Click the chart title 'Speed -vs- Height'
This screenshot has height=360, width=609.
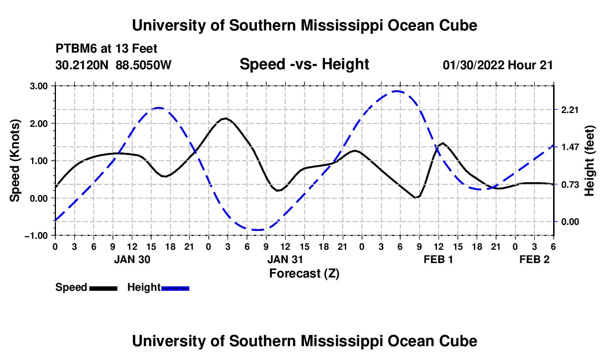pos(304,64)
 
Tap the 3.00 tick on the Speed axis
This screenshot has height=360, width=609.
pos(39,86)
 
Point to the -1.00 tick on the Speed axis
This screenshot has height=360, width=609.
pos(37,235)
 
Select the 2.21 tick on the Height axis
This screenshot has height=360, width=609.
pos(570,110)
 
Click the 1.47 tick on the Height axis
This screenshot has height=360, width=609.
pos(570,147)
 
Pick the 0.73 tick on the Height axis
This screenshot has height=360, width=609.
pos(570,184)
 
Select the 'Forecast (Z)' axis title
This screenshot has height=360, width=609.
pos(304,273)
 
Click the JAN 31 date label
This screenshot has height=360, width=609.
pos(286,259)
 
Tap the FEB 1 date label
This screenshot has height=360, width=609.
pos(438,259)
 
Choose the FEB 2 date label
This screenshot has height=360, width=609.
pos(534,259)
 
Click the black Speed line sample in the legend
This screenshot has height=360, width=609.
pos(103,288)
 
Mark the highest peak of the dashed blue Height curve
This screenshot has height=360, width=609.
pos(396,91)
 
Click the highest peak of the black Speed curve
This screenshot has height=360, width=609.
pos(225,118)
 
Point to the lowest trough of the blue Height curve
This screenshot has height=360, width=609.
pos(256,230)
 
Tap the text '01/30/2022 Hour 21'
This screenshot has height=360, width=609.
pos(498,65)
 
